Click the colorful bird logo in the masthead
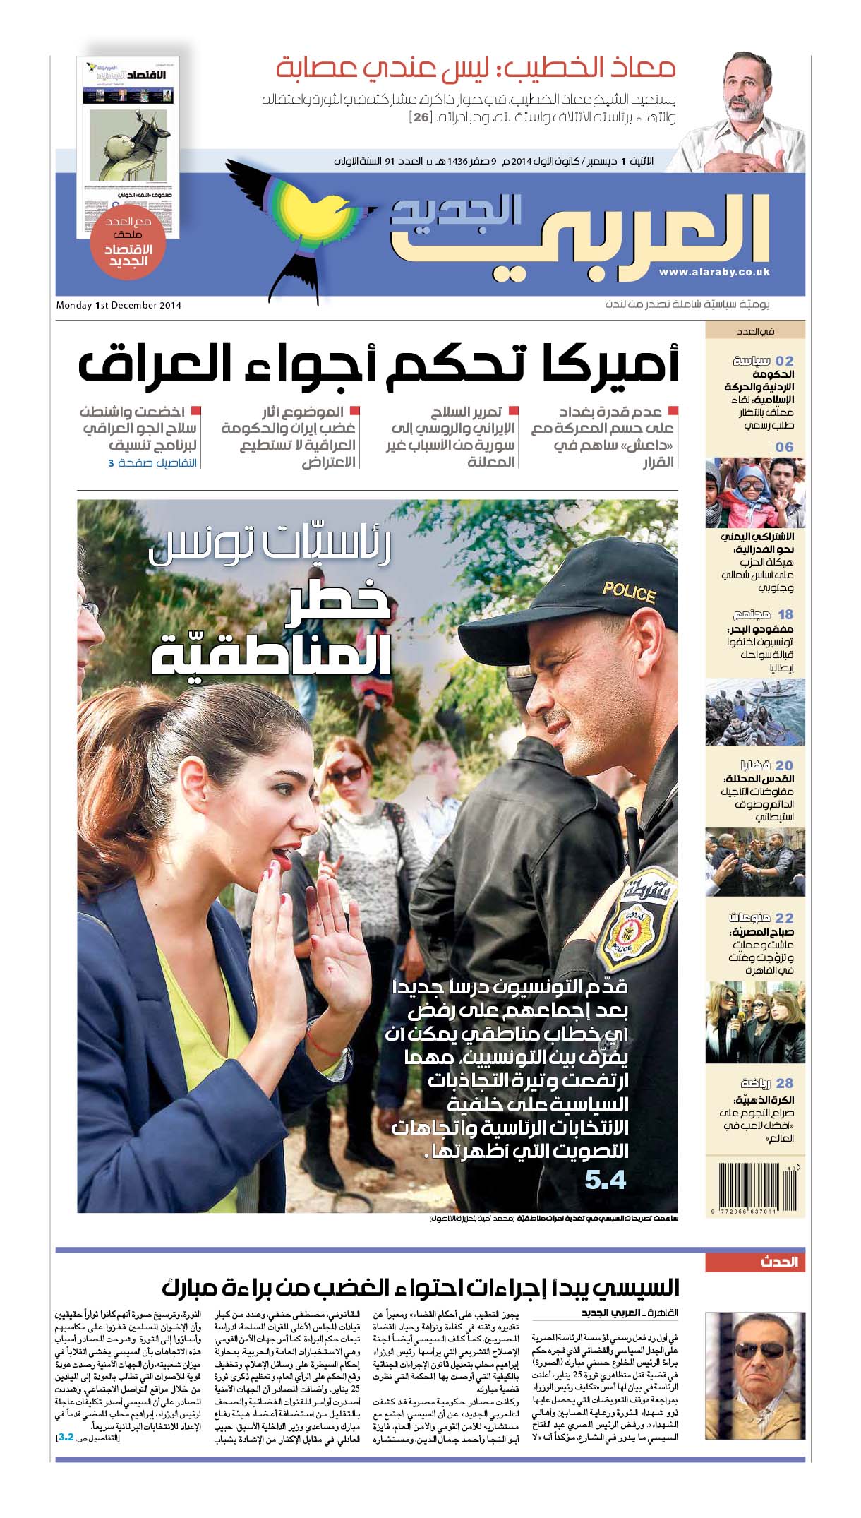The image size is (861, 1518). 303,219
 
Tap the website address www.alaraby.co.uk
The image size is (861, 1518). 714,273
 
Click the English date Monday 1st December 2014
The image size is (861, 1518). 119,306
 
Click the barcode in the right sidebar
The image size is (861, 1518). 754,1190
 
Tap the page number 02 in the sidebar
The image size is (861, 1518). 784,361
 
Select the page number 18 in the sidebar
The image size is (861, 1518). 785,614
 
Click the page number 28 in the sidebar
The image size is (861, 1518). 784,1083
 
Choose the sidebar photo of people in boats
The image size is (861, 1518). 754,711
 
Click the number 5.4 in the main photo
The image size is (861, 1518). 606,1181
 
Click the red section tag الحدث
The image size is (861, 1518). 779,1262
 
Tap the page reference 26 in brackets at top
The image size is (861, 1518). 421,117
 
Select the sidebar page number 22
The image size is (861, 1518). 784,918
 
